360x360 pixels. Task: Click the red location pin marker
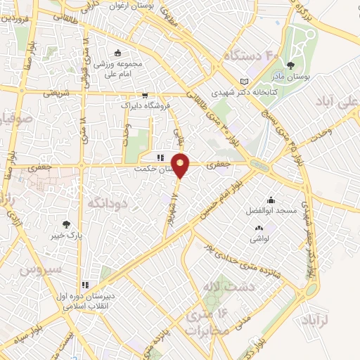point(181,165)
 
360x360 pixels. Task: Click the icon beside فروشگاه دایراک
point(145,95)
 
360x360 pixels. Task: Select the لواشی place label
point(259,238)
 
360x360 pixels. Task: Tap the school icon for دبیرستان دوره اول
point(86,285)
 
